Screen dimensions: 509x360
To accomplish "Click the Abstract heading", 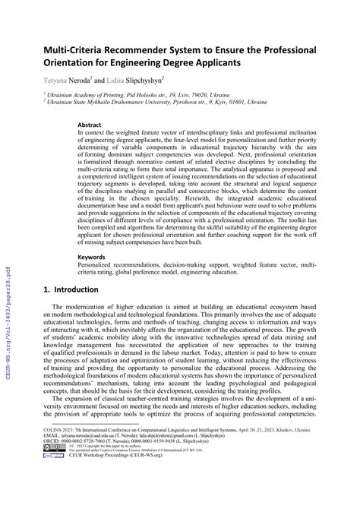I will point(90,123).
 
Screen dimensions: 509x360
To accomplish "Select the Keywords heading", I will point(92,258).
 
